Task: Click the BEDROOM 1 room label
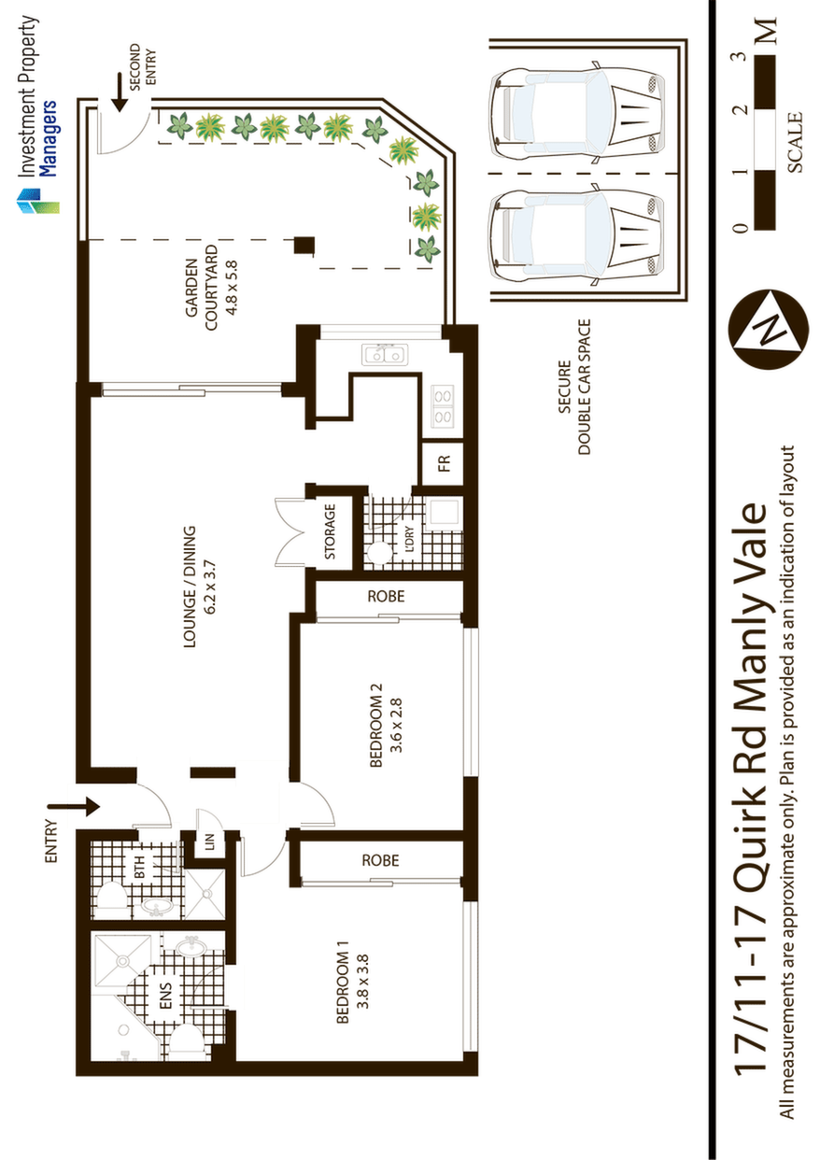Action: click(352, 982)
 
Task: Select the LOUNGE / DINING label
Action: click(200, 587)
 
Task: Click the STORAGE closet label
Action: click(330, 531)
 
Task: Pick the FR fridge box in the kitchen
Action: click(443, 463)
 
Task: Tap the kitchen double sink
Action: click(385, 355)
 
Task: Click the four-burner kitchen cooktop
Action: click(443, 406)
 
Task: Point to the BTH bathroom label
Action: click(140, 867)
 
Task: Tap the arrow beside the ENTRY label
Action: click(73, 806)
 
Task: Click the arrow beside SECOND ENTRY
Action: click(120, 92)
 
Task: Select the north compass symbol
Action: click(768, 330)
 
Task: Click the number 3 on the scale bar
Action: click(742, 56)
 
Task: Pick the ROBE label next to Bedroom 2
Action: click(386, 597)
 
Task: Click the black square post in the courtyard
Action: click(304, 245)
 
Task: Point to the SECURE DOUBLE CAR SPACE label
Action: click(573, 387)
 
